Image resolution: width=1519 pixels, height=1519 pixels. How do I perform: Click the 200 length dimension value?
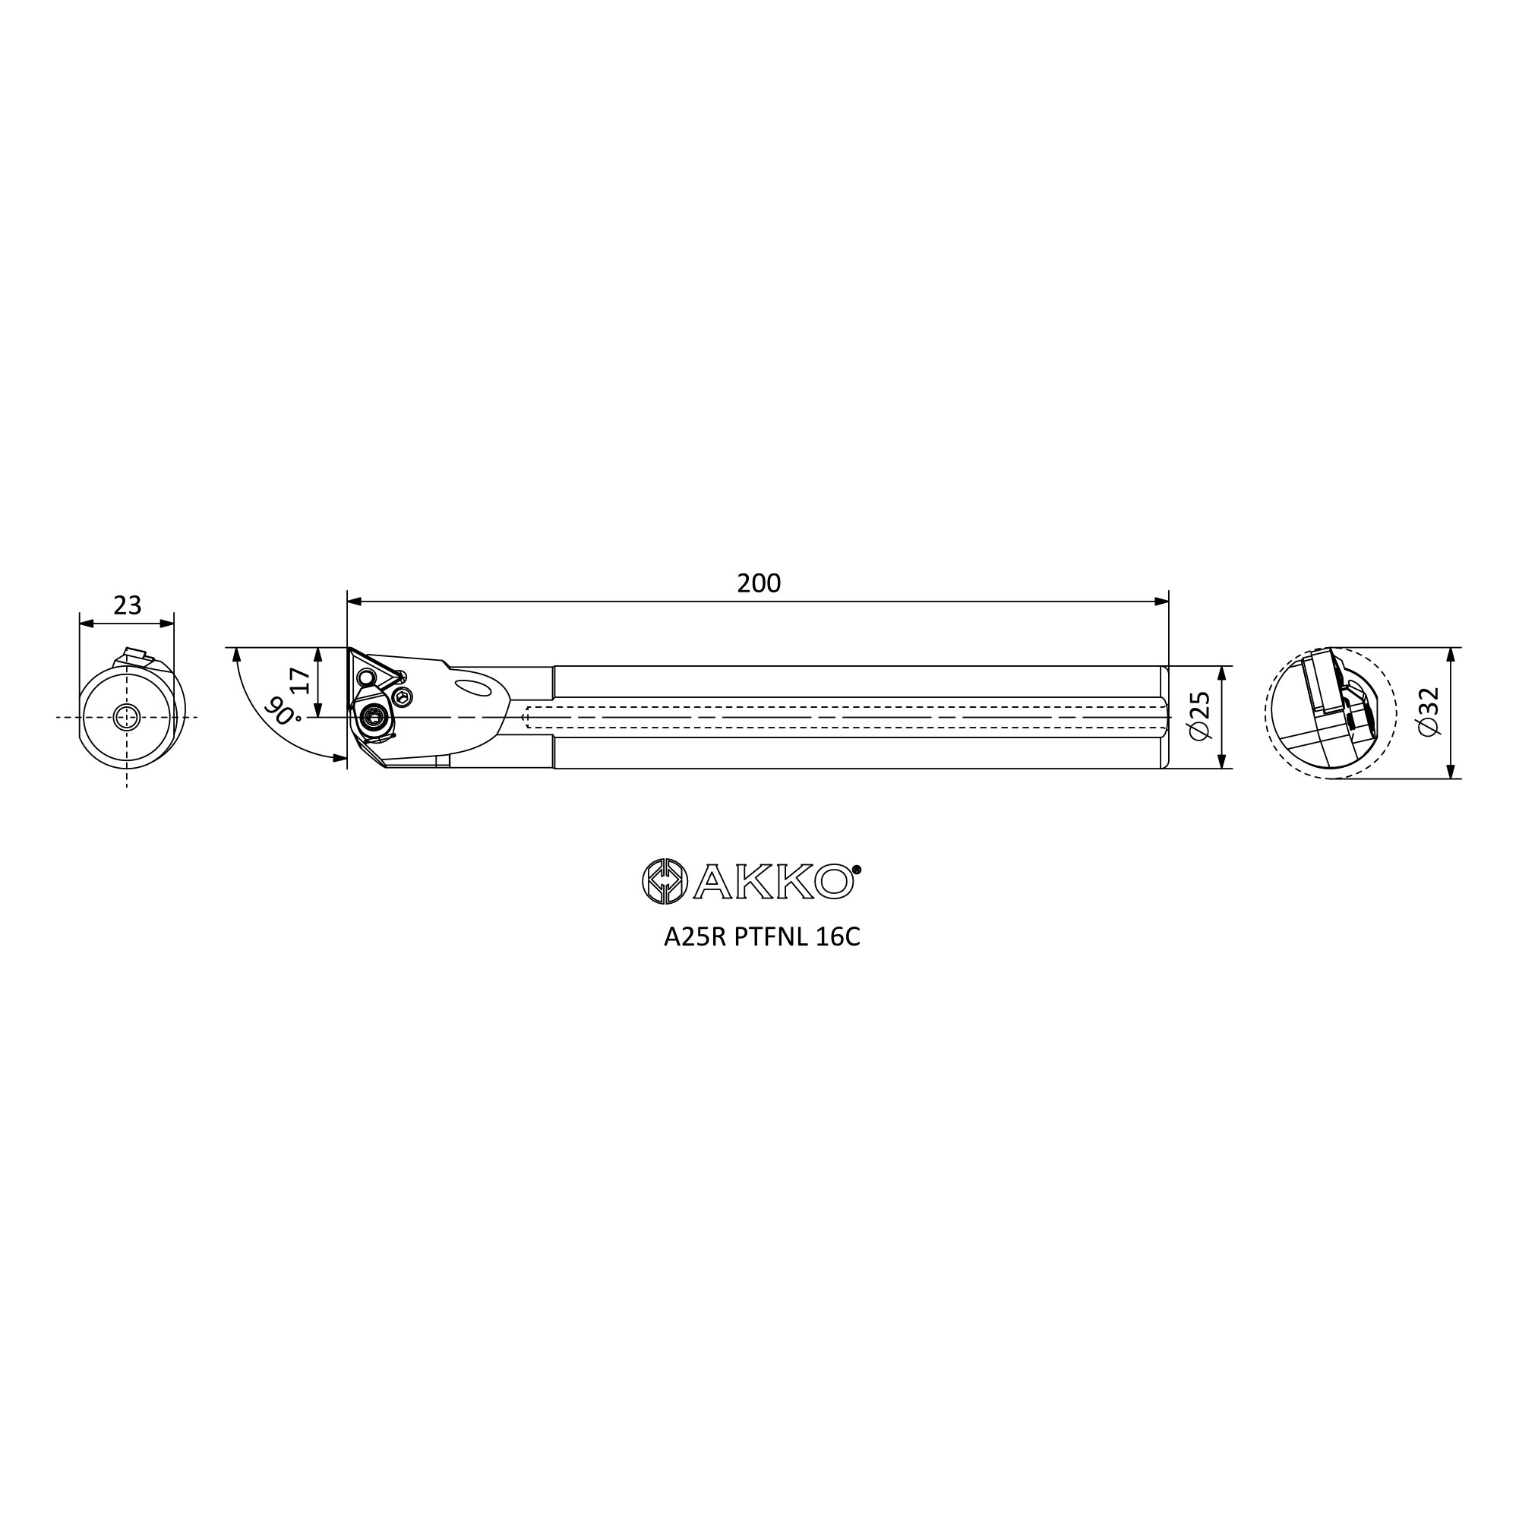[759, 583]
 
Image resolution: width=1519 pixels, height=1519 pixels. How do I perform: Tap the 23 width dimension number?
[128, 605]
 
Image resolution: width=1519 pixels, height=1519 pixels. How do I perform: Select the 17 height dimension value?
[301, 679]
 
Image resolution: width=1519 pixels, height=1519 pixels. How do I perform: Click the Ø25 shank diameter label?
[1201, 716]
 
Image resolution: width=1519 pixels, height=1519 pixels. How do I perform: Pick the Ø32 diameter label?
[1429, 712]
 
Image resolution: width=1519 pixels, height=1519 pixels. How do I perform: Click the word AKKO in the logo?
[773, 881]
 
